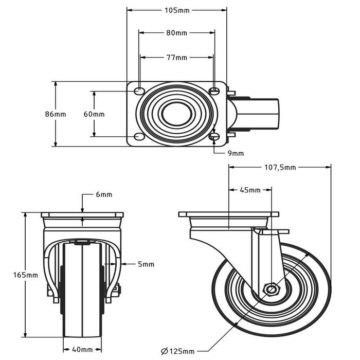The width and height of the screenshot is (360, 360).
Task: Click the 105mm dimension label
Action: click(x=177, y=10)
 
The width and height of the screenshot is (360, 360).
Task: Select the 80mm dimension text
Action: click(x=177, y=33)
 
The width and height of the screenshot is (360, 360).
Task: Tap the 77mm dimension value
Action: click(x=177, y=57)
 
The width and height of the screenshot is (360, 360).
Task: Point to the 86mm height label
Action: click(x=56, y=114)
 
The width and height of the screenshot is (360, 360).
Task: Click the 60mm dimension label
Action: click(x=94, y=114)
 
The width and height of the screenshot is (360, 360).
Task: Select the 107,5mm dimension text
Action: click(x=280, y=167)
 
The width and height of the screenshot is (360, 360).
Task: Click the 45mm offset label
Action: click(x=250, y=190)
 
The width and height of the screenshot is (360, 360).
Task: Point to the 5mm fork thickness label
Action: click(x=146, y=264)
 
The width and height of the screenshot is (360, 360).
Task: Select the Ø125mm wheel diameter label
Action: click(x=178, y=351)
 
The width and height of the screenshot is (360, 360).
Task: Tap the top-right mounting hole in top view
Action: click(x=214, y=91)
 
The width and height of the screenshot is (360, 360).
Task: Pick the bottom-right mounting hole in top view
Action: click(x=214, y=136)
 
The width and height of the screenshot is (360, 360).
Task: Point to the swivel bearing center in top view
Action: click(x=176, y=114)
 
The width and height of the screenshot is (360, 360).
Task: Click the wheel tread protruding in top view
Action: click(x=264, y=114)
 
